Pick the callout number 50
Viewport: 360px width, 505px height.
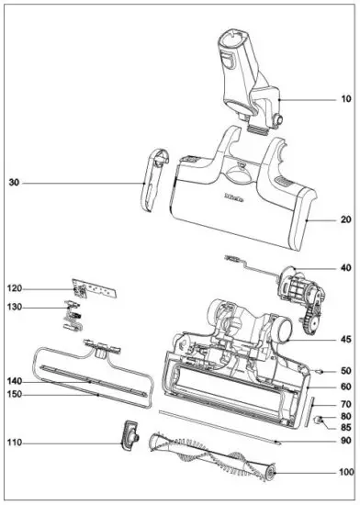point(345,370)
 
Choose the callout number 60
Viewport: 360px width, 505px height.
point(345,387)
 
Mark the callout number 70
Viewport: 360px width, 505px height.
point(345,404)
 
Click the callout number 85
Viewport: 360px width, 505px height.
point(345,427)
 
